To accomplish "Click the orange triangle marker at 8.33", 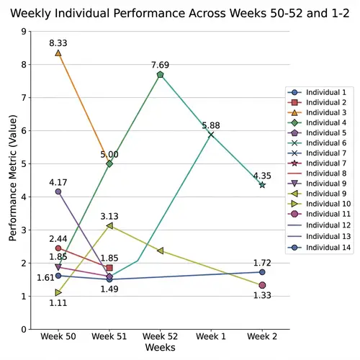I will click(58, 53).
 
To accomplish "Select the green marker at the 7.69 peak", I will click(160, 74).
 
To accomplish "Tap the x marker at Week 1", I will click(211, 135).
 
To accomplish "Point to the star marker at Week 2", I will click(262, 185).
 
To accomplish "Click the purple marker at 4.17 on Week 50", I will click(58, 192).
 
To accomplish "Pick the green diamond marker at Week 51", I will click(109, 163).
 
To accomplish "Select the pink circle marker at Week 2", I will click(262, 285).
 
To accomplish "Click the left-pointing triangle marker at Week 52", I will click(160, 251).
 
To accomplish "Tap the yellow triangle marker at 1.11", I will click(58, 292).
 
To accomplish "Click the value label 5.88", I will click(211, 125).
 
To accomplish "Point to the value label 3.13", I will click(109, 215).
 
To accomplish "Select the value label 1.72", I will click(262, 262).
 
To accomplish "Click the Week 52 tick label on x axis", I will click(160, 337).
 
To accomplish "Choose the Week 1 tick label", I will click(211, 337).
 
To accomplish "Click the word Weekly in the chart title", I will click(33, 13).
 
